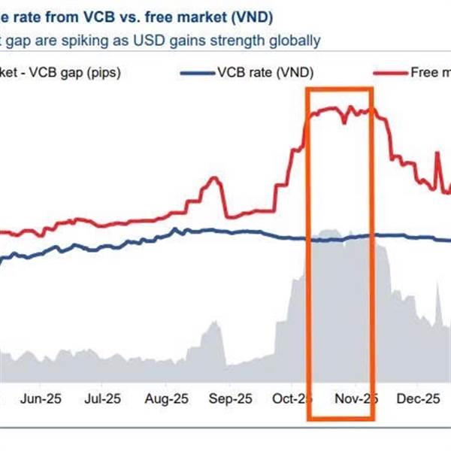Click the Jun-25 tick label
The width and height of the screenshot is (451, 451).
click(x=42, y=398)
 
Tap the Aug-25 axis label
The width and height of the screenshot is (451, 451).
click(x=165, y=398)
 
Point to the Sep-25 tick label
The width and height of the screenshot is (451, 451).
click(x=229, y=398)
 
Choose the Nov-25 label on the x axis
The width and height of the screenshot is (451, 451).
click(x=353, y=398)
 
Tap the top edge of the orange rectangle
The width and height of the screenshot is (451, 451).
click(x=339, y=89)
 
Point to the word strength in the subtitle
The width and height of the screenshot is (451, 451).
click(x=246, y=41)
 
